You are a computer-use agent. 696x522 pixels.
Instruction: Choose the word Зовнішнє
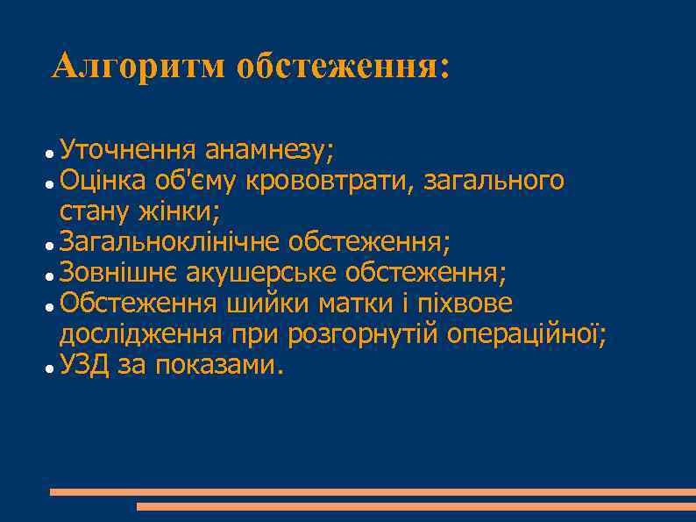[118, 273]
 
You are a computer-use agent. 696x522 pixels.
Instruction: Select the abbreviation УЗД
[85, 365]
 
